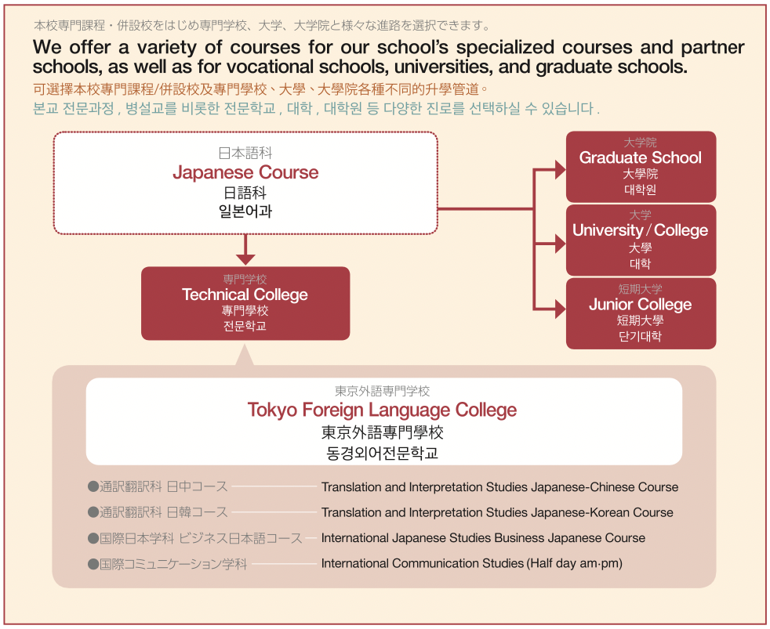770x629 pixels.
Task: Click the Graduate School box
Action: [x=641, y=167]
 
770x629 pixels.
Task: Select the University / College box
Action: [x=641, y=240]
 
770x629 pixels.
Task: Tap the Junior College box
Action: [x=641, y=313]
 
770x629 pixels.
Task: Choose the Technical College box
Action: [x=245, y=303]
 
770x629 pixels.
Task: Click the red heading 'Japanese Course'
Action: [x=245, y=172]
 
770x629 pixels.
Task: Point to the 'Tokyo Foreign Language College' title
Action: [x=382, y=410]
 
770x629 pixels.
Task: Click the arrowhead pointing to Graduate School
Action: [x=561, y=170]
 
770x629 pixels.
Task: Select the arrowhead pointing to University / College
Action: [x=561, y=244]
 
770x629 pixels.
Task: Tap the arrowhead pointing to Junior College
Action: [x=561, y=309]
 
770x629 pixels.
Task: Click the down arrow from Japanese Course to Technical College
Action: [x=245, y=250]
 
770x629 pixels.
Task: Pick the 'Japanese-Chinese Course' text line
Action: [x=500, y=487]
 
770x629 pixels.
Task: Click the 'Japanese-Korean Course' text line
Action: [x=497, y=513]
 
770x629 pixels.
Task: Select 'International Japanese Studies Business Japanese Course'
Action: [x=483, y=538]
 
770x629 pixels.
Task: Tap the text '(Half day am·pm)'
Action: [x=575, y=563]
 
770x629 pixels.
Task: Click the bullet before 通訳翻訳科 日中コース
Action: [x=93, y=486]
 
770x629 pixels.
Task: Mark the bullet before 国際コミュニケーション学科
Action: [x=93, y=564]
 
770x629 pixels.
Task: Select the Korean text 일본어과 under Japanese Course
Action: [x=245, y=211]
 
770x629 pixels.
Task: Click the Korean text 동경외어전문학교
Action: [x=382, y=453]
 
